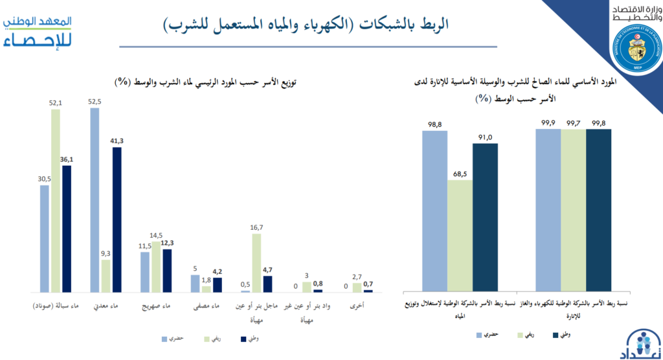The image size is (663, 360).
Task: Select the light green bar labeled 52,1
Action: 56,201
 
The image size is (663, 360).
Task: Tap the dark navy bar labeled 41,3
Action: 117,220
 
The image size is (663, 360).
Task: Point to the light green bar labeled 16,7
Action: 256,263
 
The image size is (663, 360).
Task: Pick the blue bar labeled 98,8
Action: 434,211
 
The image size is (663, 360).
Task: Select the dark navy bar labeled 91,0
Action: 485,217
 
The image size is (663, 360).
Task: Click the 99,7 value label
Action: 574,122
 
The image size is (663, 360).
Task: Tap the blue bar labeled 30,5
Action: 45,239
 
